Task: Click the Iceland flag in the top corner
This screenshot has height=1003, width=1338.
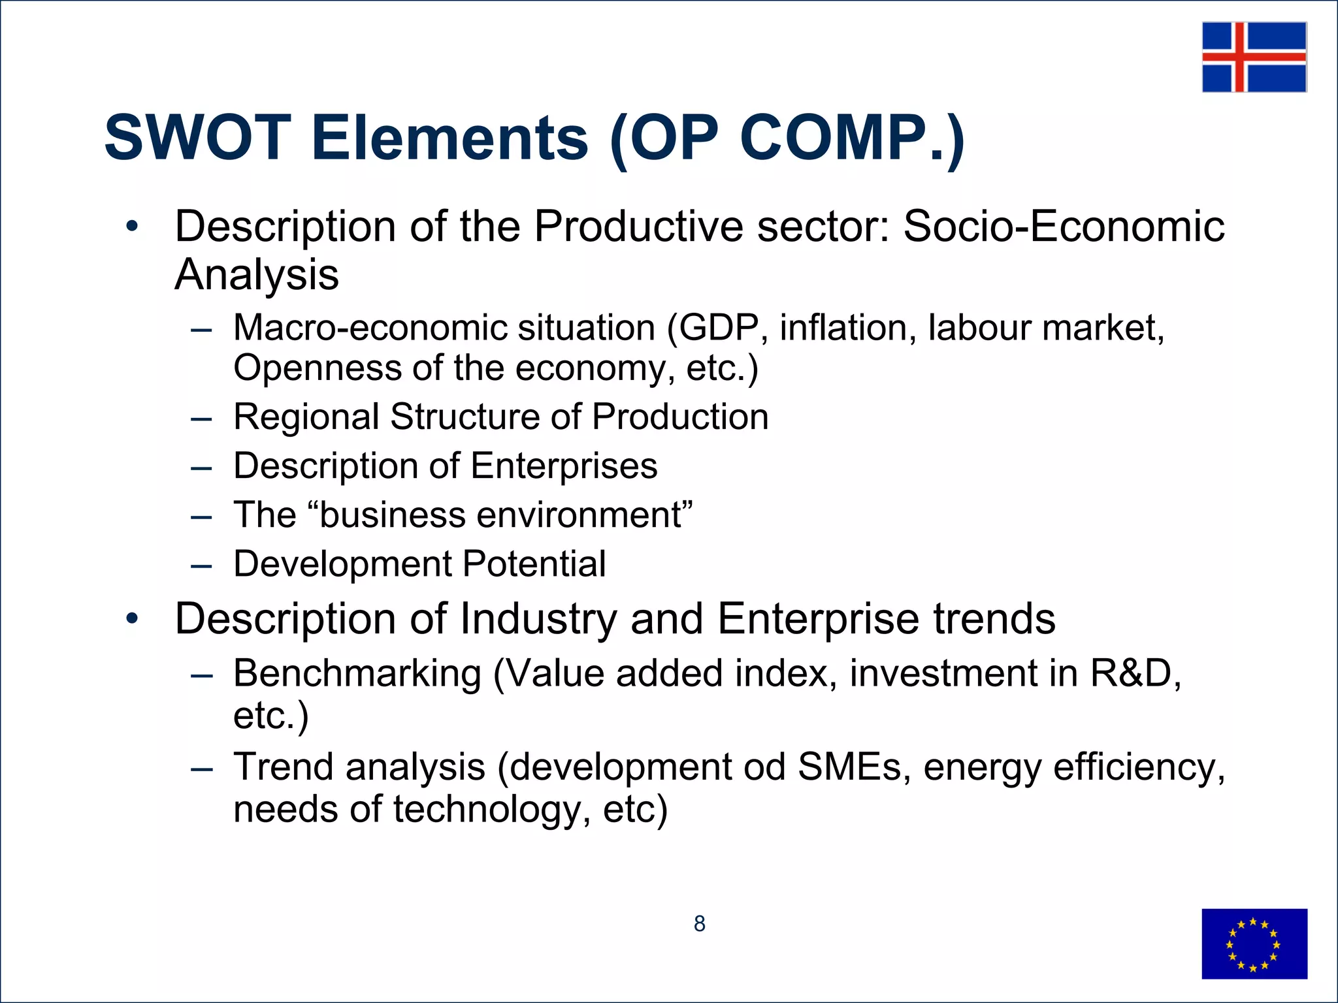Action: click(1254, 57)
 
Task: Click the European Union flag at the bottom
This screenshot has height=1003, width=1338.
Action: click(1254, 944)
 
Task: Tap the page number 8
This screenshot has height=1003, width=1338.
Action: click(699, 924)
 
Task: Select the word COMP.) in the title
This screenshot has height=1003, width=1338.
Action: click(852, 138)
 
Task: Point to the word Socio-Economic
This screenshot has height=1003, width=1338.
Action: click(1064, 227)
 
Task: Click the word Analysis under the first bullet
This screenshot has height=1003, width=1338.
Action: click(257, 274)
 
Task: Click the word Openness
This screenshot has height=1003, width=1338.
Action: click(317, 368)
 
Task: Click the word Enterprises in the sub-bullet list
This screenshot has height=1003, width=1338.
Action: click(564, 466)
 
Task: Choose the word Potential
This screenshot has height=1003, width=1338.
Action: click(534, 564)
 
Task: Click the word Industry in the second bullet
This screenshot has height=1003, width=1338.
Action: click(538, 618)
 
